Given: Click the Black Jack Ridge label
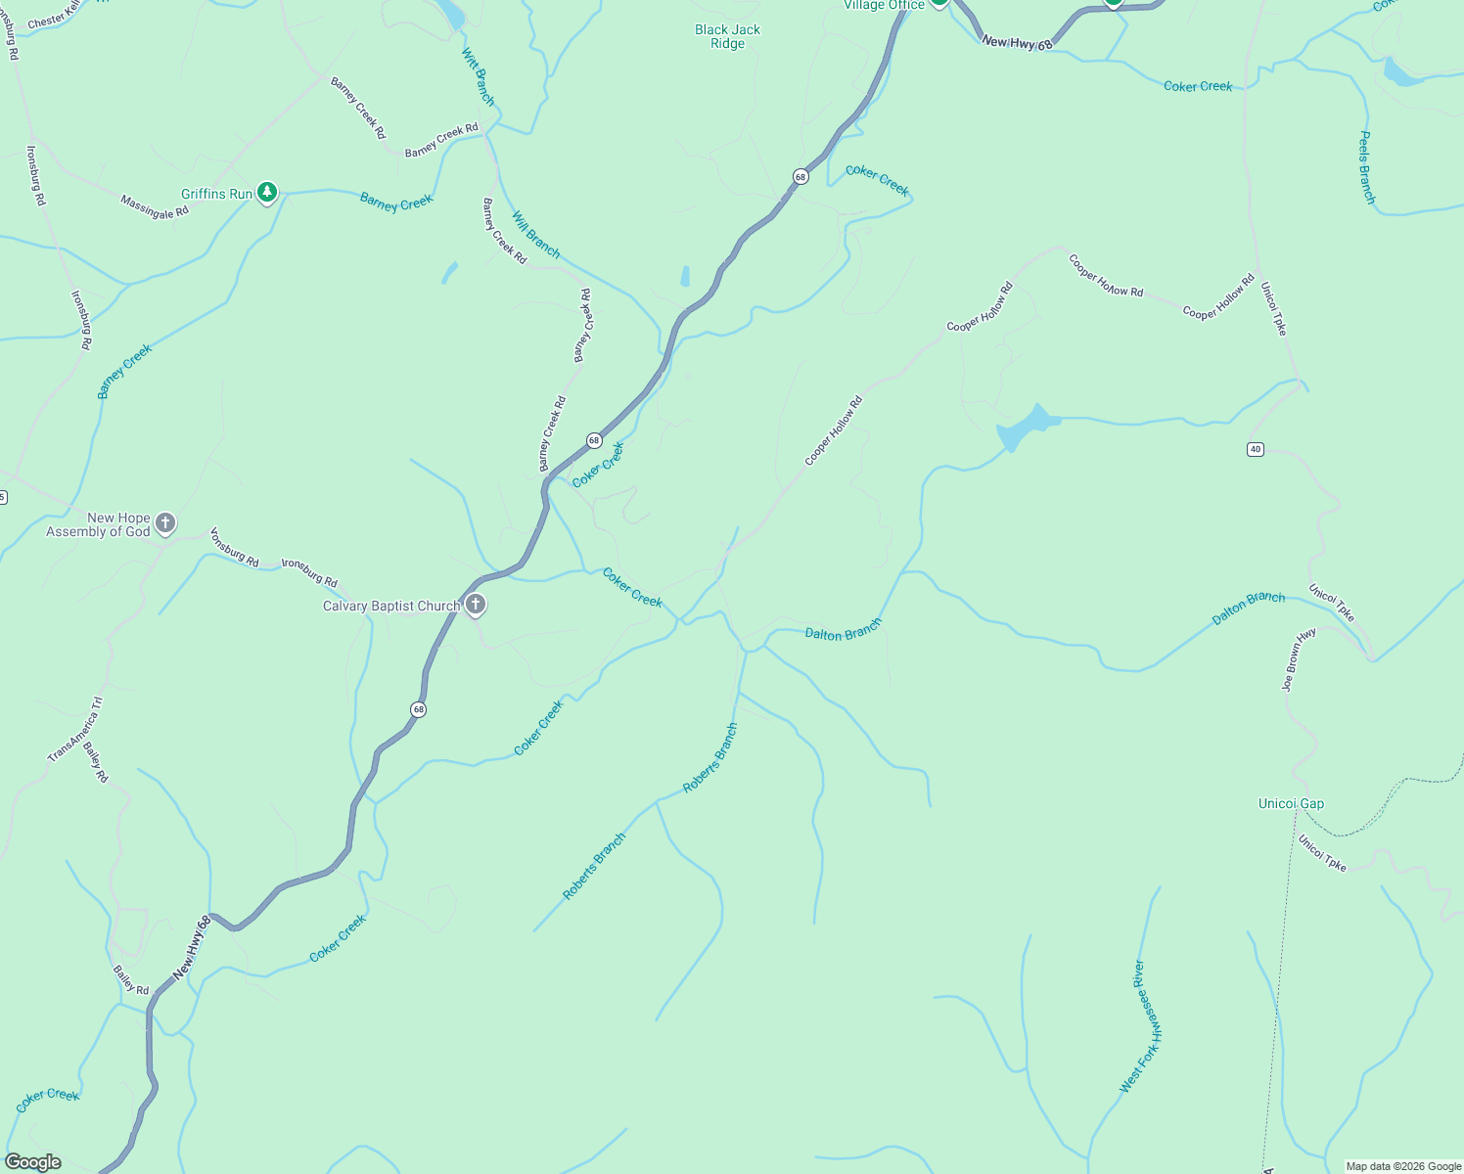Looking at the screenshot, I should tap(727, 36).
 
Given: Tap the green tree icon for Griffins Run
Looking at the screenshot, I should tap(267, 193).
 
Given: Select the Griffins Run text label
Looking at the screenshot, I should tap(216, 194).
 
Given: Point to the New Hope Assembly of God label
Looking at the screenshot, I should tap(98, 524).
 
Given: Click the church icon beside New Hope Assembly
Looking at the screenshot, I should tap(165, 523).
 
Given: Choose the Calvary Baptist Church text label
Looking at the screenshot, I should tap(391, 607).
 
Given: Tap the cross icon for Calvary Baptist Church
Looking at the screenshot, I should tap(476, 606).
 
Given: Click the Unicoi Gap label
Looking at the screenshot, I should tap(1291, 803).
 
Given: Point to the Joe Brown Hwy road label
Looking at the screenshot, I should tap(1300, 659).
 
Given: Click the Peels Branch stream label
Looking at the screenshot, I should tap(1367, 167).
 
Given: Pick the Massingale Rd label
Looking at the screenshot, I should tap(155, 206).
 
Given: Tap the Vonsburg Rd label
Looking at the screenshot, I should tap(235, 548).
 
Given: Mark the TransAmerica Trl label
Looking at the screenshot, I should tap(75, 730).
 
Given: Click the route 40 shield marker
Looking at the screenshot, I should tap(1256, 449).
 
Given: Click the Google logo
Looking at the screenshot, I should tap(33, 1162).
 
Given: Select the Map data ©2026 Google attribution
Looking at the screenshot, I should tap(1403, 1166).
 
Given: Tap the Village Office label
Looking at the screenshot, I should tap(884, 6).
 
